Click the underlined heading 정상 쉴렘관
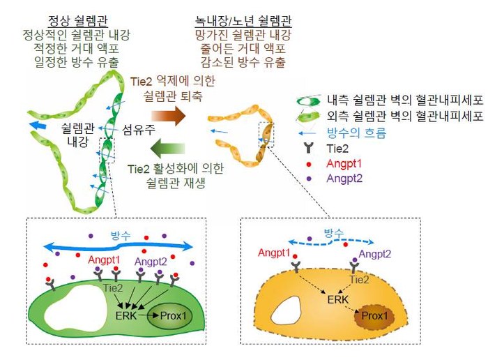(78, 21)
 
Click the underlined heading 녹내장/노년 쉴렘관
(243, 21)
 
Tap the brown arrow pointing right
(169, 116)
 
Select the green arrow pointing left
(168, 148)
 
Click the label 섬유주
(138, 129)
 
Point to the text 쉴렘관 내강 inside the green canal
(77, 135)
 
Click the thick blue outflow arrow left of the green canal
(38, 125)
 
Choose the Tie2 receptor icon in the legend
(308, 148)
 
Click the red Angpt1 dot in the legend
(309, 164)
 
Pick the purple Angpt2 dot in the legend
(309, 179)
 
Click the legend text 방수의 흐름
(356, 133)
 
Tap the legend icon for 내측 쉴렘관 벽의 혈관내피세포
(308, 100)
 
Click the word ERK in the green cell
(125, 315)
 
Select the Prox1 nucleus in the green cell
(169, 316)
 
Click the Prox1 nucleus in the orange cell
(374, 317)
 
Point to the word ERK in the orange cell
(337, 299)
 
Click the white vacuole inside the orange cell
(285, 310)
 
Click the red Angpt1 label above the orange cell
(274, 253)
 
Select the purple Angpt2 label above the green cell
(151, 262)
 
